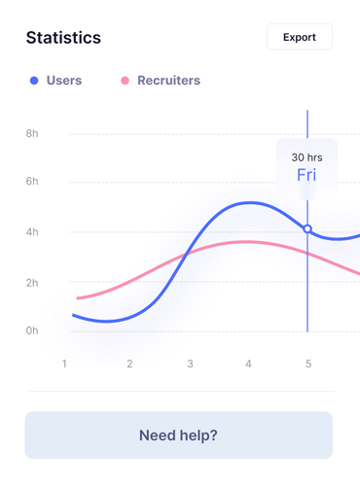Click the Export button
point(300,37)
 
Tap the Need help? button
point(179,435)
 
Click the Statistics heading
point(63,38)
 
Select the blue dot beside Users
point(34,81)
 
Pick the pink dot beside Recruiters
point(125,81)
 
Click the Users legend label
point(64,81)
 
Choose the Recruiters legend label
point(169,81)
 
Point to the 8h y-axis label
point(32,133)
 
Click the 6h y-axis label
point(32,181)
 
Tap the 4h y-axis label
point(32,232)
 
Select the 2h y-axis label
point(32,283)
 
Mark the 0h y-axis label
point(32,330)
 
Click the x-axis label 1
point(64,364)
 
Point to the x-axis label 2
point(129,364)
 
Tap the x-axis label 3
point(190,364)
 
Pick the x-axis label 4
point(248,364)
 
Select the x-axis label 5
point(308,364)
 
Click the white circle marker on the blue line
point(307,229)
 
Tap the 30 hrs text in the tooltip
point(306,157)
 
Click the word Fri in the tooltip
point(306,175)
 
